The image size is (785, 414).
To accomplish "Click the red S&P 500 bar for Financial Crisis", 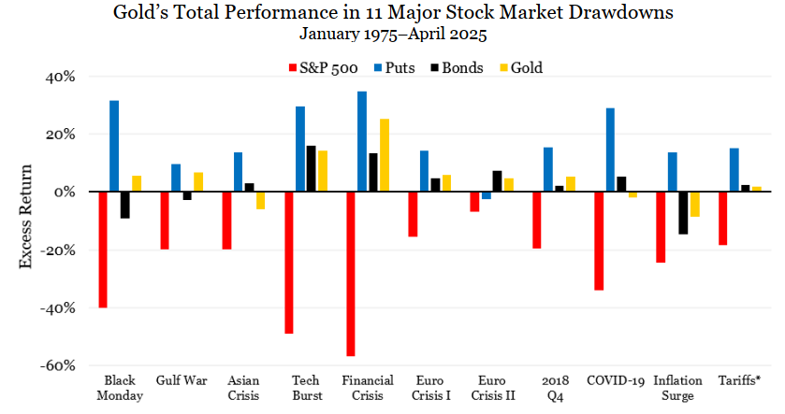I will click(351, 274).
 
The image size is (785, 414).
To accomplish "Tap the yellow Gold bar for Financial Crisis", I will click(385, 155).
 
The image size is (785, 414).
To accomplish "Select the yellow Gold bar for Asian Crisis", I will click(261, 200).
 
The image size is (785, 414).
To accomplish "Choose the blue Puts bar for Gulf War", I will click(176, 178).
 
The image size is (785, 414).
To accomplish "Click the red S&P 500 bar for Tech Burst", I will click(289, 263).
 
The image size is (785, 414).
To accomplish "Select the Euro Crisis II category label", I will click(491, 388).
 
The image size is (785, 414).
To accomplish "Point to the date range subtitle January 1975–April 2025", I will click(393, 35).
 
